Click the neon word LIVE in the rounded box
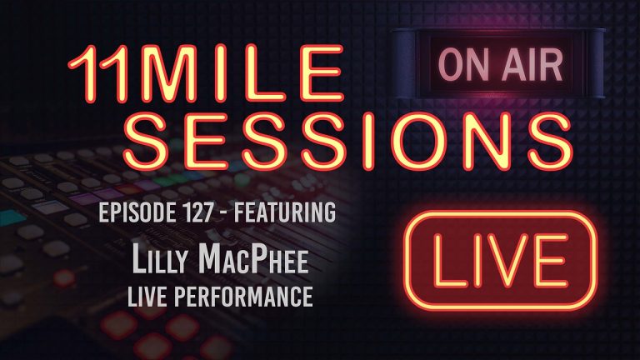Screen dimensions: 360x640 coord(495,259)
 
